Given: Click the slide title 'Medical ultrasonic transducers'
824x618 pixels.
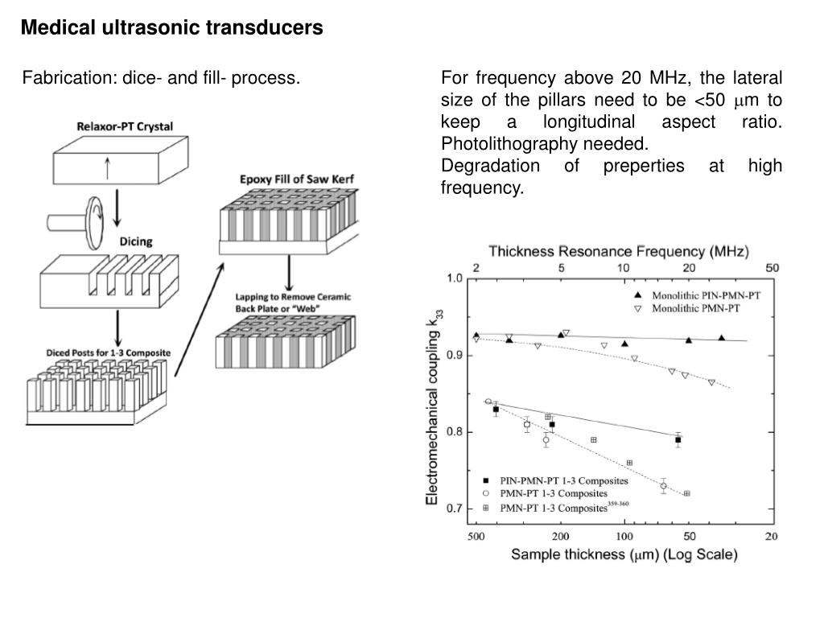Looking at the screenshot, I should pyautogui.click(x=171, y=28).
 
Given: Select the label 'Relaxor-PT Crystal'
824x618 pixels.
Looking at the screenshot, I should pyautogui.click(x=125, y=126).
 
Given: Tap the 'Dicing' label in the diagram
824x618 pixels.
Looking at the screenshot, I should pyautogui.click(x=136, y=241).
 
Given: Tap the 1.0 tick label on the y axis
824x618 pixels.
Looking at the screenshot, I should pyautogui.click(x=455, y=278).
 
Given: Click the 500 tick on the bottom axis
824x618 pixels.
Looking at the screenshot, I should pyautogui.click(x=476, y=536).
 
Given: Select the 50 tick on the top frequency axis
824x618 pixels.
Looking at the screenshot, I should pyautogui.click(x=772, y=267).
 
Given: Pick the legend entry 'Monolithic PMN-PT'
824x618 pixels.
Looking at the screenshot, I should pyautogui.click(x=694, y=308).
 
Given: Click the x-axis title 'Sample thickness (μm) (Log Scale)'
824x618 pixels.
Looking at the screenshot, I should pyautogui.click(x=624, y=554).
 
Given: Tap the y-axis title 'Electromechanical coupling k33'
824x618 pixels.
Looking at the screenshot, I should pyautogui.click(x=433, y=410).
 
